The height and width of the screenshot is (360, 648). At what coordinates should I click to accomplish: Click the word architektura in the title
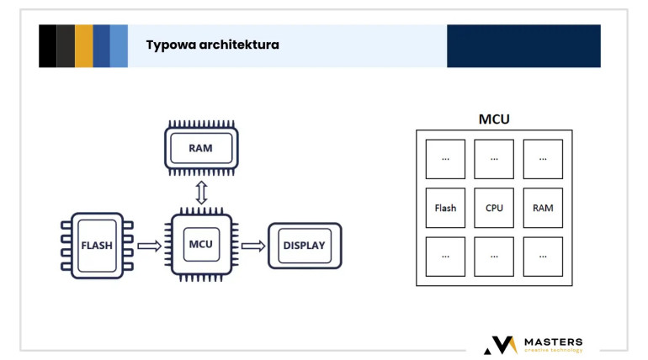239,45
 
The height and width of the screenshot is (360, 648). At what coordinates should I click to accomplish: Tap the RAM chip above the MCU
201,148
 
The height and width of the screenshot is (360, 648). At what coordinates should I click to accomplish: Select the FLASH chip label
97,246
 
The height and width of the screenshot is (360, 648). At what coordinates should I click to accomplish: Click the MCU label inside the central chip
201,244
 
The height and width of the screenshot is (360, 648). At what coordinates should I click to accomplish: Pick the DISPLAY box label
304,246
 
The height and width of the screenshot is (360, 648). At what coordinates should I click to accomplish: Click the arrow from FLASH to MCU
149,246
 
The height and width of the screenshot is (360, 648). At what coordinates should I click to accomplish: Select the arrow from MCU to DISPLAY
253,246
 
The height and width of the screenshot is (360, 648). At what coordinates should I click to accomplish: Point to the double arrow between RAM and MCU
201,193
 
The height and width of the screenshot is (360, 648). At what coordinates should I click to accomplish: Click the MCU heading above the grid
494,119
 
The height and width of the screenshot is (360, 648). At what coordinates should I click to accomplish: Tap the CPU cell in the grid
494,208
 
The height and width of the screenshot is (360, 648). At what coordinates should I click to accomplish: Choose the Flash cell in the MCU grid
445,208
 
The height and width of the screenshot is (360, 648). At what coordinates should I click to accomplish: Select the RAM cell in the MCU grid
543,208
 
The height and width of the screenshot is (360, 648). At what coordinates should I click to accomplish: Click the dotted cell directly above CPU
494,159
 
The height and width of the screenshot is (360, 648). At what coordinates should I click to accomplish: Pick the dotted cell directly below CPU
494,257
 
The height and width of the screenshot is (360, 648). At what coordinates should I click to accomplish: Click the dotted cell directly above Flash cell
445,159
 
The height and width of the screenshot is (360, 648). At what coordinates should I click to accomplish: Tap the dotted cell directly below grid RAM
543,257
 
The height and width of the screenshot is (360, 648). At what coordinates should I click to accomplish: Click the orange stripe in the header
84,45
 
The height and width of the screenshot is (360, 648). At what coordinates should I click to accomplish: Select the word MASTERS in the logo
554,341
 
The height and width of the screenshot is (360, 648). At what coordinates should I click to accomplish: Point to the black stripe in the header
47,45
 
